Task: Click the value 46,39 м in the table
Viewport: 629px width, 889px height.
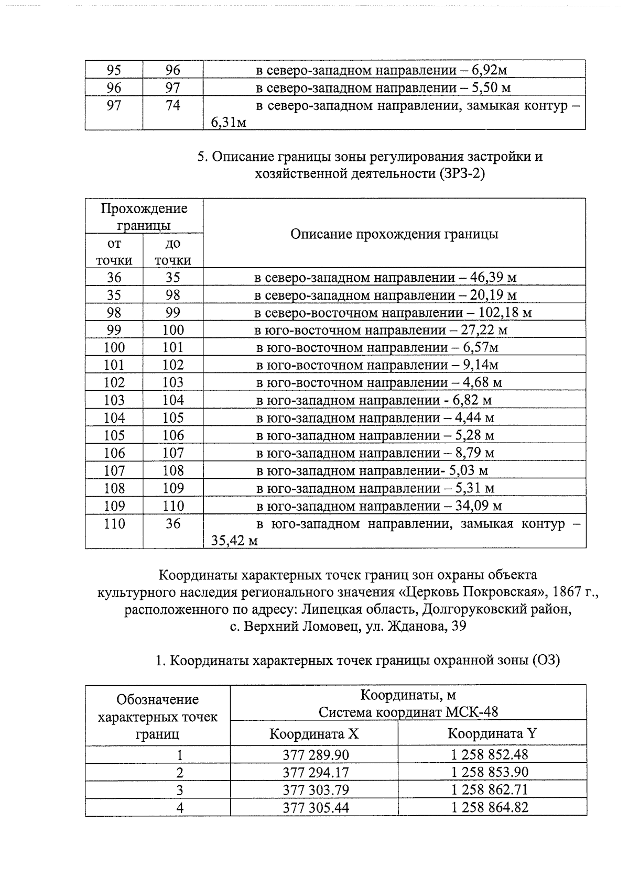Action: pos(493,277)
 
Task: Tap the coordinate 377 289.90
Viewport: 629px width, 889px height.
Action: pos(316,755)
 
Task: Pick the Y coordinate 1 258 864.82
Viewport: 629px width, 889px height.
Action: pos(490,807)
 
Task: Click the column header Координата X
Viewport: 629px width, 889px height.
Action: pos(313,733)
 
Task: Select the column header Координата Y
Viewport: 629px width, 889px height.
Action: pos(492,733)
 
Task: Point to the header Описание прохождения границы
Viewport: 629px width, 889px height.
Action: pos(394,234)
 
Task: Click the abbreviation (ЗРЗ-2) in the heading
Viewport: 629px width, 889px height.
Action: pos(460,174)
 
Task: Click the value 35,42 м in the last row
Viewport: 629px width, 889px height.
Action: pos(234,541)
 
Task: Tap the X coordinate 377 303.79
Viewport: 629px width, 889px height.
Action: pos(316,789)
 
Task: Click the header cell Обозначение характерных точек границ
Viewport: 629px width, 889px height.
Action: pos(157,716)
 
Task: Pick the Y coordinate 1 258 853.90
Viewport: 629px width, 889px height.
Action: pos(490,772)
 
